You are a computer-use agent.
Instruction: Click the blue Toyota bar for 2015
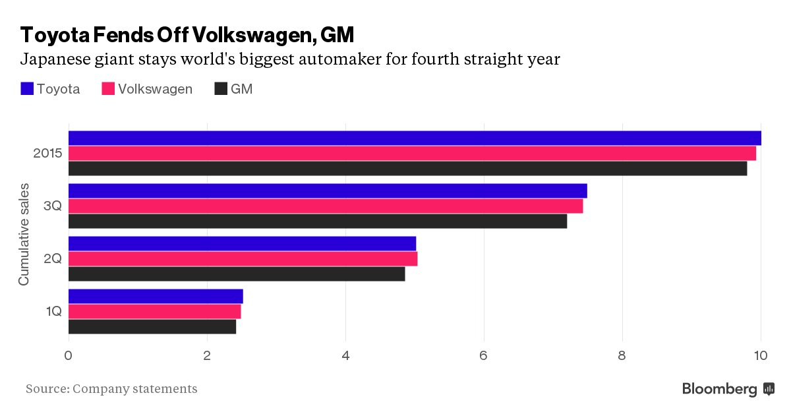click(415, 138)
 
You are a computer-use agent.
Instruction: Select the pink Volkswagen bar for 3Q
click(326, 206)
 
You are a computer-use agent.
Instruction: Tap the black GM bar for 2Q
click(237, 274)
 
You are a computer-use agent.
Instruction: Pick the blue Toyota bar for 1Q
click(156, 296)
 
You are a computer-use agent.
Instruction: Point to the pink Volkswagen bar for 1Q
click(155, 311)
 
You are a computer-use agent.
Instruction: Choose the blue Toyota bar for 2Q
click(242, 243)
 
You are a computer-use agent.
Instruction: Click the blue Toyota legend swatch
click(27, 89)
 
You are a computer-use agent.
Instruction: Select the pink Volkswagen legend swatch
click(108, 89)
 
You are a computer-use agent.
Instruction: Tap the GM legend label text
click(241, 89)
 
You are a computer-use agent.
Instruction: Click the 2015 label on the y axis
click(47, 153)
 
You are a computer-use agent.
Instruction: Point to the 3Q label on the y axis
click(53, 206)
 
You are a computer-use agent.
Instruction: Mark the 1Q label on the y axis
click(53, 311)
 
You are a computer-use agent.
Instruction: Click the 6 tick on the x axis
click(484, 355)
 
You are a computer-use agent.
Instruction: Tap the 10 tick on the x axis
click(761, 355)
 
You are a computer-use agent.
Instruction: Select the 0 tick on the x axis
click(69, 355)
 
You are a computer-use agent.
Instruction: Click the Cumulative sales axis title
click(24, 233)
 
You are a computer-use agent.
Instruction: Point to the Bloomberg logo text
click(720, 389)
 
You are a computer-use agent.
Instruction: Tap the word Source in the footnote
click(46, 389)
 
